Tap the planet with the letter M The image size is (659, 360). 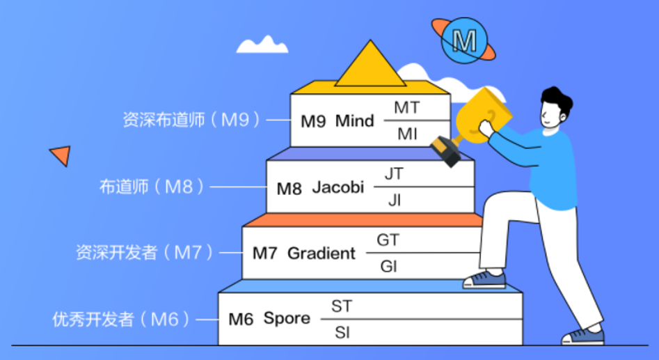(x=463, y=40)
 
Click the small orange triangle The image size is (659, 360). (x=61, y=155)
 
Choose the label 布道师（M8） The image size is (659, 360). (x=153, y=187)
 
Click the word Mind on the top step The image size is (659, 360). (x=354, y=120)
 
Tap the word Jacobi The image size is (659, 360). (x=338, y=187)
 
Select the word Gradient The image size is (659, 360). (x=321, y=253)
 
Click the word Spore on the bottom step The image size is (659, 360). (x=286, y=319)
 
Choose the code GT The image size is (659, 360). (x=388, y=240)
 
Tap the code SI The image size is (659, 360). (x=342, y=333)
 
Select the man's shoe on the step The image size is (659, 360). (x=484, y=279)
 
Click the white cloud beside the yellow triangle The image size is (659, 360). (x=262, y=45)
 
